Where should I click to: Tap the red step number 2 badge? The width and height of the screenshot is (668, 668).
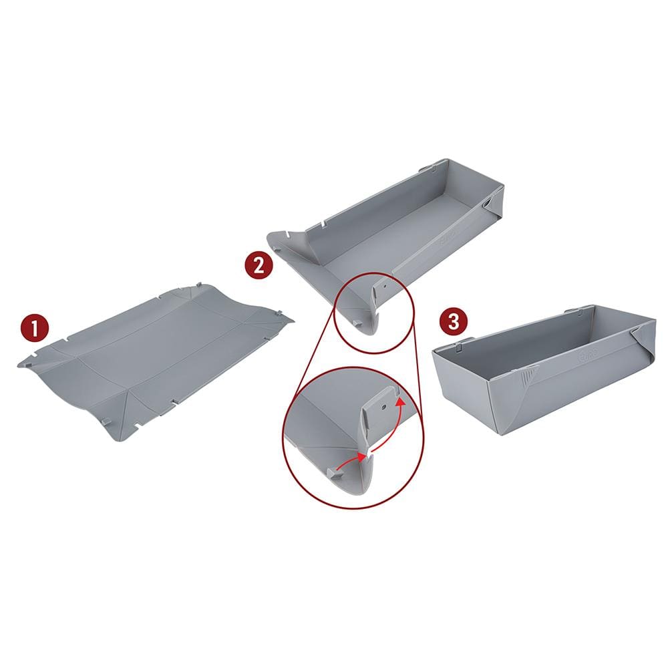[x=259, y=265]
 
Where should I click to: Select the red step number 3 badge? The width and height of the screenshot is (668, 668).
[x=454, y=322]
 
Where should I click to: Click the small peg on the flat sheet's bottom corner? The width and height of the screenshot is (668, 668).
[x=107, y=422]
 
